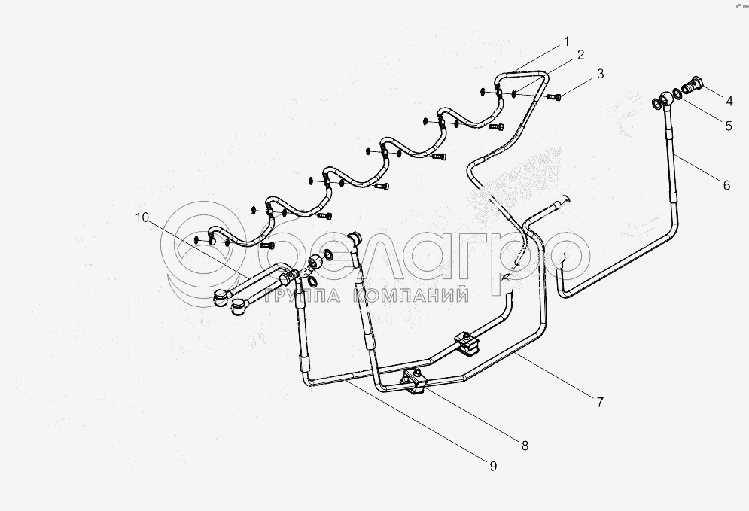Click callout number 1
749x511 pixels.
[x=566, y=42]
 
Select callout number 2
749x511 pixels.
[x=580, y=55]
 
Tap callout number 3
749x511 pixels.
[x=600, y=74]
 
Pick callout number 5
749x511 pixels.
[x=729, y=126]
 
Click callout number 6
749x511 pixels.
[x=726, y=184]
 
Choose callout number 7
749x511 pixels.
[x=600, y=402]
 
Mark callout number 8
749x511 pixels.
[x=525, y=445]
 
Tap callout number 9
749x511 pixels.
[x=493, y=466]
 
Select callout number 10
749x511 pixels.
[x=143, y=217]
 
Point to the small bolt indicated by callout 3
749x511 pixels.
[x=555, y=97]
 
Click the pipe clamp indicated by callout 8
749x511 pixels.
[x=416, y=382]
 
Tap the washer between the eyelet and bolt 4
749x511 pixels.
[x=677, y=95]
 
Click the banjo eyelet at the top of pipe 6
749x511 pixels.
[x=666, y=99]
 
